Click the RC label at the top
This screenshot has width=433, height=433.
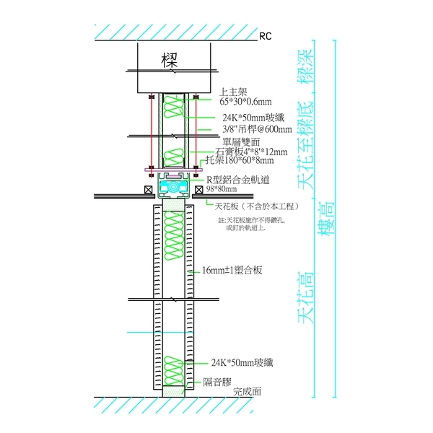pyautogui.click(x=265, y=35)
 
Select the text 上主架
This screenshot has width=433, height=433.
pyautogui.click(x=233, y=92)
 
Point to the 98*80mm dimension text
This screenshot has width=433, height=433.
pyautogui.click(x=221, y=189)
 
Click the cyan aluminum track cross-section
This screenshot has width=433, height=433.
pyautogui.click(x=173, y=186)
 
